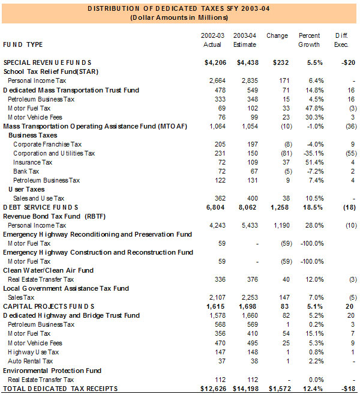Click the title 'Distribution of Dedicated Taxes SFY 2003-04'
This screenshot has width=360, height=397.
180,9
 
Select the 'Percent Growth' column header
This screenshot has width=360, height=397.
310,40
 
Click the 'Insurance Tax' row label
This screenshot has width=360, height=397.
32,162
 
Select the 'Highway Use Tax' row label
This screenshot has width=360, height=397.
33,352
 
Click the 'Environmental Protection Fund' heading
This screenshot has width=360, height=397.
50,371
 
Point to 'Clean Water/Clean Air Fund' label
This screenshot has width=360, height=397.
49,270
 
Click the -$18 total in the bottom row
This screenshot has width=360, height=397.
347,389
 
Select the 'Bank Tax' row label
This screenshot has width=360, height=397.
26,171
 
